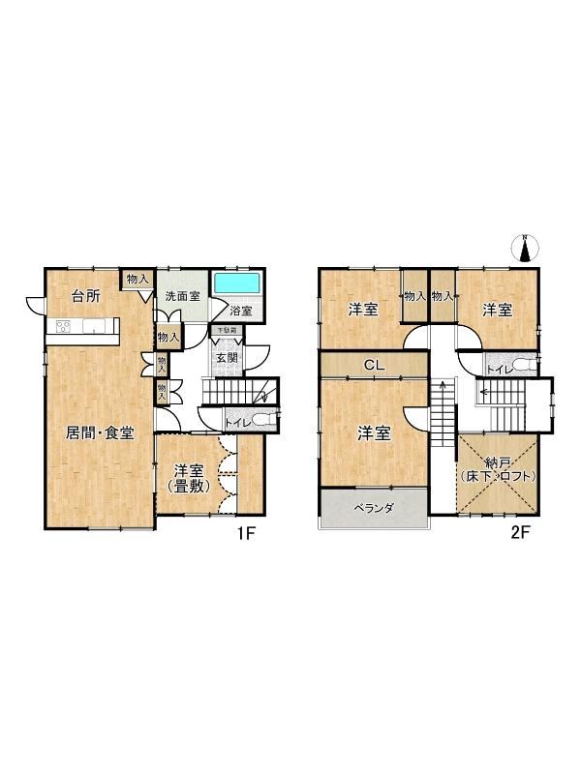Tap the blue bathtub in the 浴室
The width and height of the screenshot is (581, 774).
point(236,284)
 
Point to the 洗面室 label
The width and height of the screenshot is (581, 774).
point(181,296)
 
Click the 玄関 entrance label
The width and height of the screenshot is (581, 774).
point(227,358)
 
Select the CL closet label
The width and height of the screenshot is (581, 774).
point(373,365)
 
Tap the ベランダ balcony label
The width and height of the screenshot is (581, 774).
point(374,508)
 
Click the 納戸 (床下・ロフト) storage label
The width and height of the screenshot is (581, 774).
point(498,470)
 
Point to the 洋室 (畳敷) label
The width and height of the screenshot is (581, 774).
point(188,479)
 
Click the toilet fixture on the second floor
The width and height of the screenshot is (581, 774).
point(523,366)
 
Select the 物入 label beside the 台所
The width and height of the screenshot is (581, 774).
point(136,280)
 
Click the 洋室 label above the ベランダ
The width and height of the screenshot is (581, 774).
point(374,433)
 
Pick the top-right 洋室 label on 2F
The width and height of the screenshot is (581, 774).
point(497,310)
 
